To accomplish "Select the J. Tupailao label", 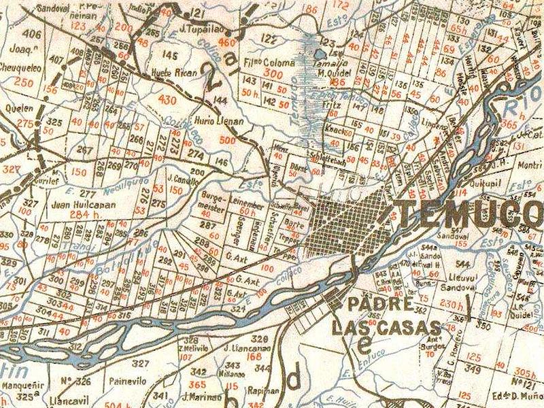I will (x=198, y=30).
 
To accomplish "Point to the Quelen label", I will (x=18, y=108).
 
